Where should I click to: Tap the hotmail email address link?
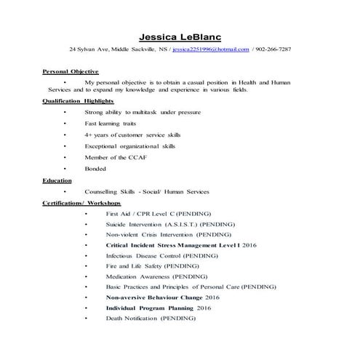[210, 49]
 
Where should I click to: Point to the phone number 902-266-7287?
[272, 49]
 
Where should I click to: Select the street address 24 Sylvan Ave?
[88, 49]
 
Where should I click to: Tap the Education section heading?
[57, 180]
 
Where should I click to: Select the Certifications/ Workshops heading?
[81, 203]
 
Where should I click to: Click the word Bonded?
[95, 169]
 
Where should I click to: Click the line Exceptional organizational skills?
[130, 146]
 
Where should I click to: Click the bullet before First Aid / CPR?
[85, 215]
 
